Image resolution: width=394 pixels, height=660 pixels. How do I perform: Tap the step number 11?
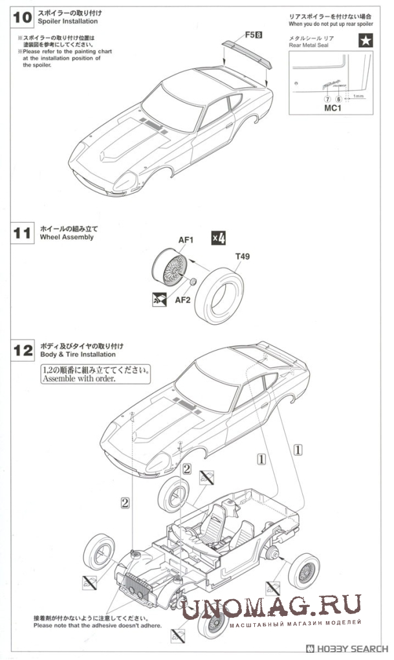pos(22,234)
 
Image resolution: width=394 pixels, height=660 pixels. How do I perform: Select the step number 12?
pos(23,351)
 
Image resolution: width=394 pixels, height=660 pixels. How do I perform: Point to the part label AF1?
pos(186,240)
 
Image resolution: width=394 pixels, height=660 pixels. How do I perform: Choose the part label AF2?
pos(182,300)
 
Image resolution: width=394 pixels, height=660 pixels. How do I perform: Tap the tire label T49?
pos(242,256)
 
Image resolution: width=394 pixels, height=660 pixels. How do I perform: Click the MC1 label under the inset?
pos(333,108)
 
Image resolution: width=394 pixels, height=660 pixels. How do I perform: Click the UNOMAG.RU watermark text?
pos(271,606)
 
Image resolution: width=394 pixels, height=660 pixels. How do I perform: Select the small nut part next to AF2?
pos(193,282)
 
